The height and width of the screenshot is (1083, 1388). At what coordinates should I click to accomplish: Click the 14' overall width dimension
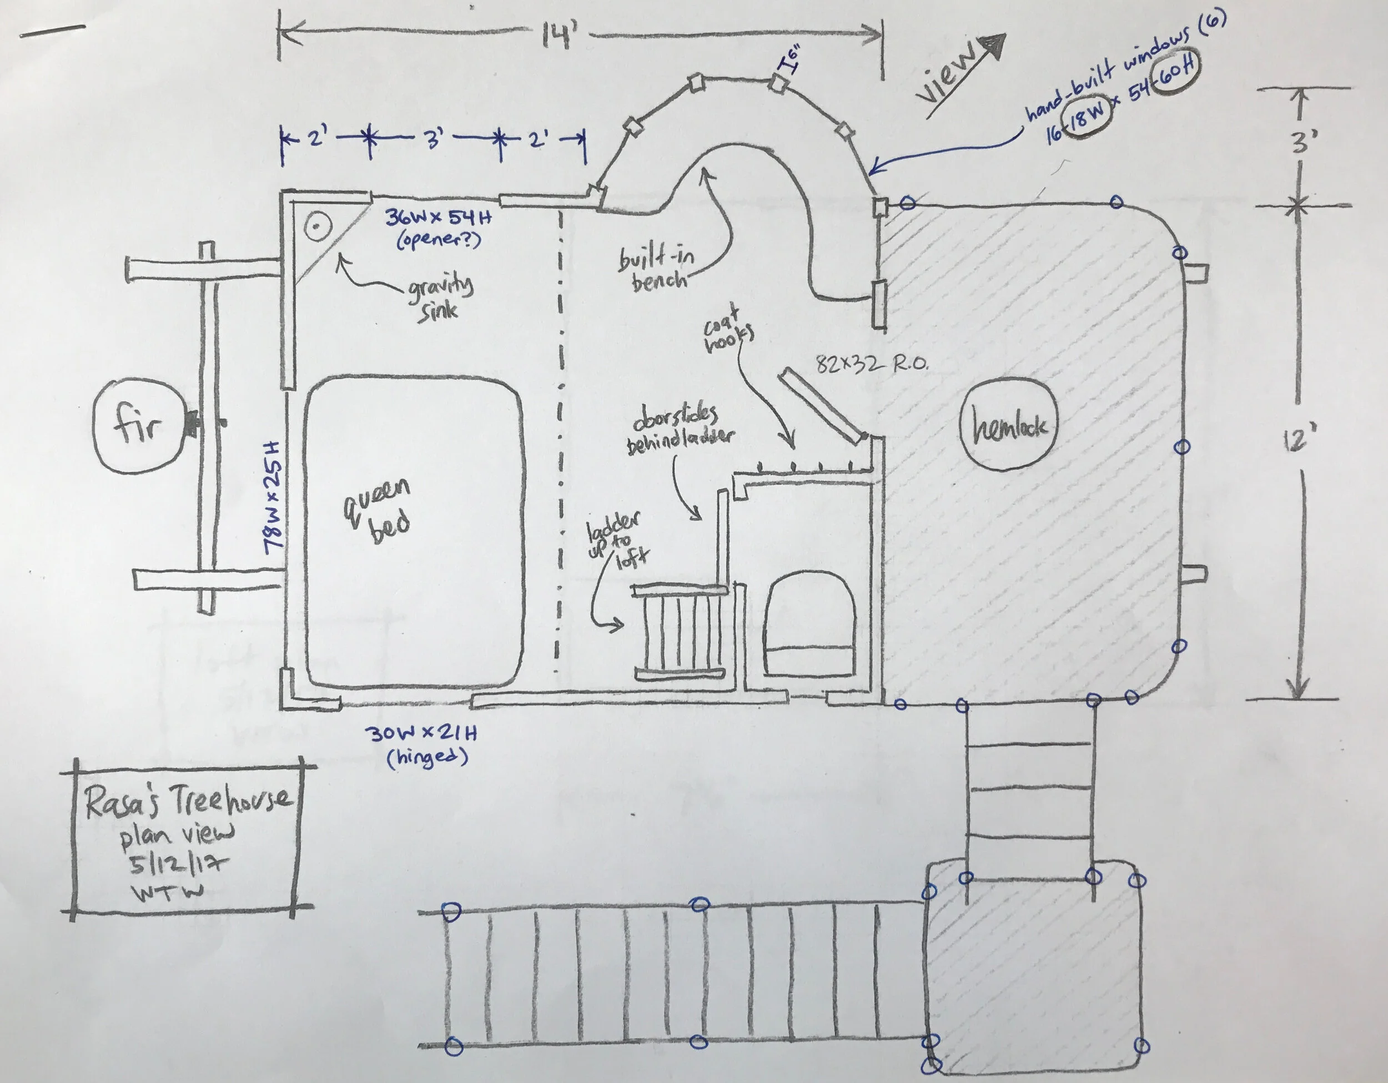click(x=559, y=36)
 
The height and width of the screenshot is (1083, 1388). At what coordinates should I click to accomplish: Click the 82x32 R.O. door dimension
click(x=871, y=364)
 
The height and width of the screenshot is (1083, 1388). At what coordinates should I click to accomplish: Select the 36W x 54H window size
click(x=438, y=218)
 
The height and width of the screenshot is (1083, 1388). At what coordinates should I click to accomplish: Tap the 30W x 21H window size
click(x=421, y=733)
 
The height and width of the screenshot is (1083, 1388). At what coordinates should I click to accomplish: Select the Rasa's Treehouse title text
click(x=188, y=802)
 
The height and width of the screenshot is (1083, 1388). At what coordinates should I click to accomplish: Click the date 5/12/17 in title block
click(x=179, y=864)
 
